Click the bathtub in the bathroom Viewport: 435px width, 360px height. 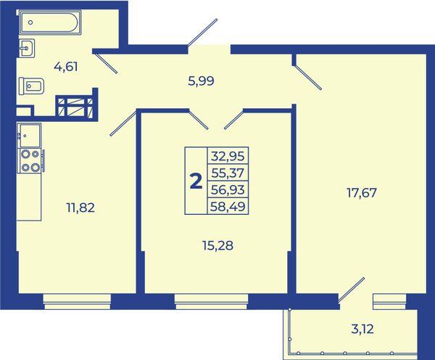coord(50,22)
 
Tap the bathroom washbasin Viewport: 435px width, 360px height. coord(27,48)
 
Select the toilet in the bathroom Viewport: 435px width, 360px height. coord(31,86)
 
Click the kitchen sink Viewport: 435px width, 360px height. coord(29,136)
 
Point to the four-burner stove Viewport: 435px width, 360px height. coord(30,160)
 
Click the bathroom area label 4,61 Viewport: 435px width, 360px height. coord(66,67)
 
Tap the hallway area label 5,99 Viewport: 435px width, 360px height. coord(201,81)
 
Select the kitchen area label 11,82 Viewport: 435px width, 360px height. coord(80,208)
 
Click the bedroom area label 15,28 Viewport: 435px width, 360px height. coord(217,245)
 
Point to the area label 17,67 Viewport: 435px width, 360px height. coord(362,192)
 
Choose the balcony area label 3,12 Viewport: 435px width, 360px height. coord(362,330)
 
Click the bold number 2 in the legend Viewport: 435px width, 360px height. coord(196,181)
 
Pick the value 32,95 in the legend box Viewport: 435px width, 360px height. coord(228,156)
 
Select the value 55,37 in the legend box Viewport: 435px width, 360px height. coord(228,173)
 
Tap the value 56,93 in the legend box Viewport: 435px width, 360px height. coord(228,189)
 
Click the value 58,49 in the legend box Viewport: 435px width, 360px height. coord(228,206)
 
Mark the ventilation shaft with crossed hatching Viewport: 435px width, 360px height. coord(75,106)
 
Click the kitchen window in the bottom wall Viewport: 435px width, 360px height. coord(77,302)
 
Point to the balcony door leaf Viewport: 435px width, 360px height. coord(351,290)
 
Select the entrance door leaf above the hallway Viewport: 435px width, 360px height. coord(202,32)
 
